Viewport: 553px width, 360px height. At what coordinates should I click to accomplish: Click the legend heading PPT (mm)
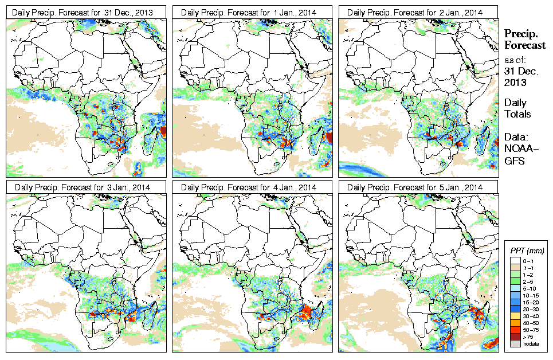pyautogui.click(x=527, y=251)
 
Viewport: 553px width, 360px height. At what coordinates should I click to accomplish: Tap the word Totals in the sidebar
pyautogui.click(x=517, y=114)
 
